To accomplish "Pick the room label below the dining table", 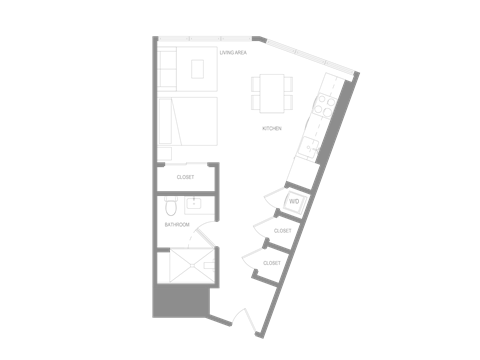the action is (x=270, y=128).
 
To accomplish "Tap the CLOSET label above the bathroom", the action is (x=185, y=176).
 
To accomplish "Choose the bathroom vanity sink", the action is (x=193, y=203).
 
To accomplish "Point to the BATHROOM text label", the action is (x=177, y=225).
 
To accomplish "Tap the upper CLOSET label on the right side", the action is (x=283, y=231).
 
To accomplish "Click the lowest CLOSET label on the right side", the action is (x=271, y=262).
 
